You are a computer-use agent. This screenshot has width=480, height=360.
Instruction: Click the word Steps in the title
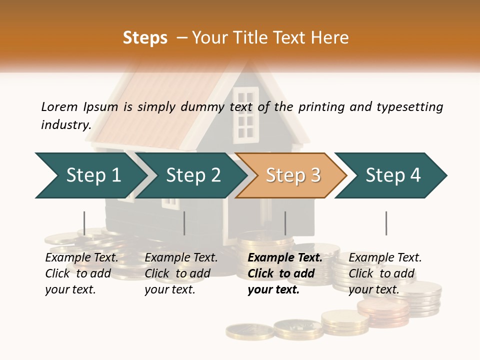tap(145, 38)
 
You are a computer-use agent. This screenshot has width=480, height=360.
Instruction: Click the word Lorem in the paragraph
tap(59, 106)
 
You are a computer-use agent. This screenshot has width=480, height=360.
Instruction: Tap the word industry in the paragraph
tap(66, 124)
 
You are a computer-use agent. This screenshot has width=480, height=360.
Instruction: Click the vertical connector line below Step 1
tap(84, 223)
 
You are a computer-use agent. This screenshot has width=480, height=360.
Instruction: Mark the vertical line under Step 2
tap(184, 223)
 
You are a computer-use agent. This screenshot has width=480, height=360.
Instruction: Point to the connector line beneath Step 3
tap(285, 223)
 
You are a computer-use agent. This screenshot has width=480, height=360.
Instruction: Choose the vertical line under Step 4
tap(386, 223)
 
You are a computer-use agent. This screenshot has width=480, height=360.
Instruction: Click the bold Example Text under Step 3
tap(285, 258)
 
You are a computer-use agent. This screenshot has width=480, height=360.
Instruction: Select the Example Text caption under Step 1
tap(81, 258)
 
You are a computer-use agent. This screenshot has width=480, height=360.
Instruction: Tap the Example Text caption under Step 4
tap(385, 258)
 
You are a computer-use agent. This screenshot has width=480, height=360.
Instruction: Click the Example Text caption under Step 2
tap(181, 258)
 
